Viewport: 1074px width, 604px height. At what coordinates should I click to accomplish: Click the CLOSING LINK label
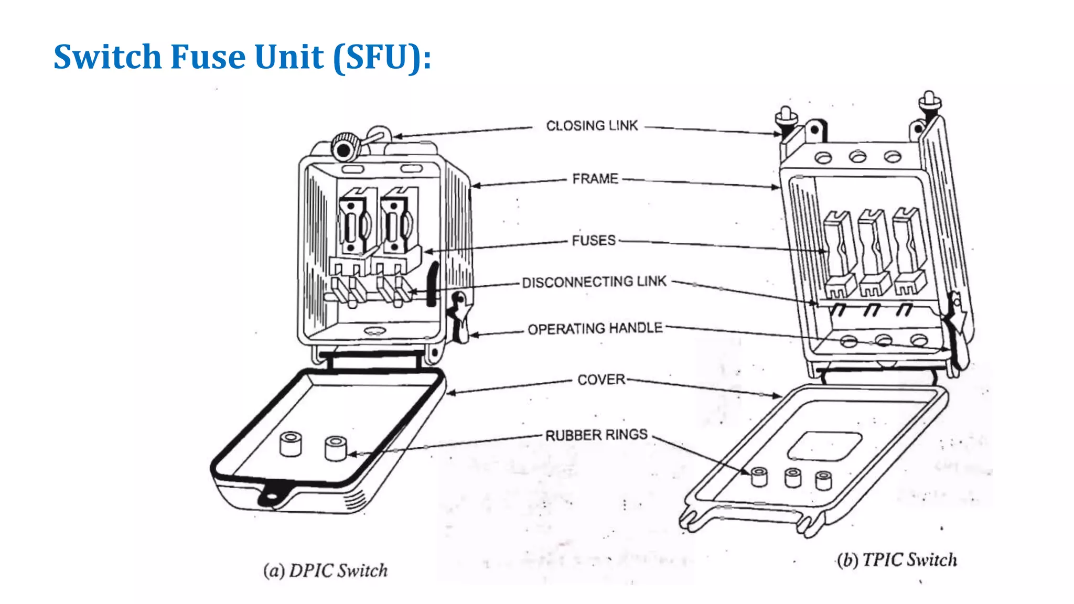592,126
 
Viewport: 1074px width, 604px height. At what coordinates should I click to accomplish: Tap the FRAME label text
595,179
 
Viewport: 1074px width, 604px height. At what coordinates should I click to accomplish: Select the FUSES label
594,241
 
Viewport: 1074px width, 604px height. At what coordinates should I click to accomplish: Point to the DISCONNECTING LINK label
594,282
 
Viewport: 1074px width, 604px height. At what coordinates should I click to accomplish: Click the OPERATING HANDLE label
595,329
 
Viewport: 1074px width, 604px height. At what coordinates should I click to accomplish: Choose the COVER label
601,380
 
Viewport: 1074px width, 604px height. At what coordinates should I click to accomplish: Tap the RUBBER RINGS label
596,435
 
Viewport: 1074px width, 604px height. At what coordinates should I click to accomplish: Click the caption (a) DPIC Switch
325,570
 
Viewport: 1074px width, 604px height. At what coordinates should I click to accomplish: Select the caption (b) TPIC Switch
897,560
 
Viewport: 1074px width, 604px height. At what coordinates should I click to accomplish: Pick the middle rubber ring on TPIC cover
792,478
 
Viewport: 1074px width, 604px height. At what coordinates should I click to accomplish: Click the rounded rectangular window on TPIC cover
825,446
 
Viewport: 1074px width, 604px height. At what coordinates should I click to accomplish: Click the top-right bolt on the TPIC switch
929,103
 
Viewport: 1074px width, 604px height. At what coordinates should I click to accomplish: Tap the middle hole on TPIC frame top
857,156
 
